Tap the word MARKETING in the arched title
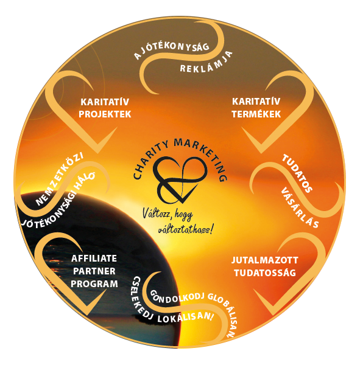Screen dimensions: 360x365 pyautogui.click(x=203, y=155)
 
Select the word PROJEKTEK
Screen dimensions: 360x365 pyautogui.click(x=105, y=114)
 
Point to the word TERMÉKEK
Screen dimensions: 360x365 pyautogui.click(x=256, y=114)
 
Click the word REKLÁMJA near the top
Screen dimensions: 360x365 pyautogui.click(x=206, y=63)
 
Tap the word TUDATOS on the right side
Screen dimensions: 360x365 pyautogui.click(x=297, y=173)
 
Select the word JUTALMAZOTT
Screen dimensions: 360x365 pyautogui.click(x=264, y=260)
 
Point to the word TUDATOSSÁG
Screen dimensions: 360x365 pyautogui.click(x=265, y=273)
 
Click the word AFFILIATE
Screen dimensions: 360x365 pyautogui.click(x=94, y=259)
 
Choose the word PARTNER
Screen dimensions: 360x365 pyautogui.click(x=94, y=271)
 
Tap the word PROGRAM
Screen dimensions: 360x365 pyautogui.click(x=94, y=284)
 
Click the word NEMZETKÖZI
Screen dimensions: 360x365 pyautogui.click(x=60, y=179)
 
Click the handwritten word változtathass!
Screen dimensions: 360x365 pyautogui.click(x=185, y=229)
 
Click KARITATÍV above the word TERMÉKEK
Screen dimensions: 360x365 pyautogui.click(x=256, y=102)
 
